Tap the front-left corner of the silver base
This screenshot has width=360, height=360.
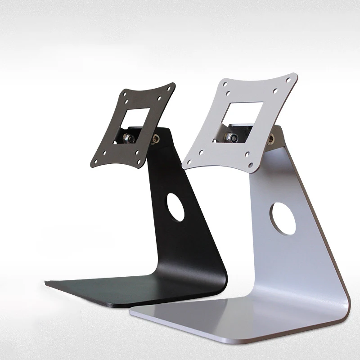point(130,310)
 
